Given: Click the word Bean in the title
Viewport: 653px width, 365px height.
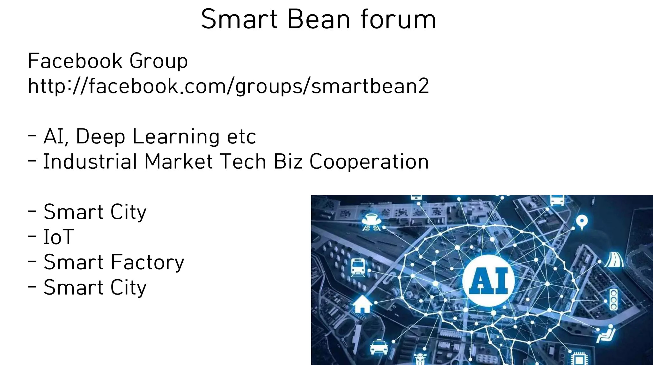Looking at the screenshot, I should pos(319,19).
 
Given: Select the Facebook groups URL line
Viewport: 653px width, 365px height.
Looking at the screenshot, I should pos(228,86).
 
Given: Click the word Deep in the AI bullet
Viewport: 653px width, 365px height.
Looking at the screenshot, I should pos(100,136).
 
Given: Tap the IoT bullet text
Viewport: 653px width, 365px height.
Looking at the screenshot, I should pos(59,237).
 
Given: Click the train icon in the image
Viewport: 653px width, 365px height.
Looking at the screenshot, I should pos(358,267).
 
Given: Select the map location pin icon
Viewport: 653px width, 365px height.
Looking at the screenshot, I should pos(582,222).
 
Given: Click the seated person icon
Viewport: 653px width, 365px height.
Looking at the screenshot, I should pos(606,334).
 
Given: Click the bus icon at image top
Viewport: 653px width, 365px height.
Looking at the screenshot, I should pos(557,200).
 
